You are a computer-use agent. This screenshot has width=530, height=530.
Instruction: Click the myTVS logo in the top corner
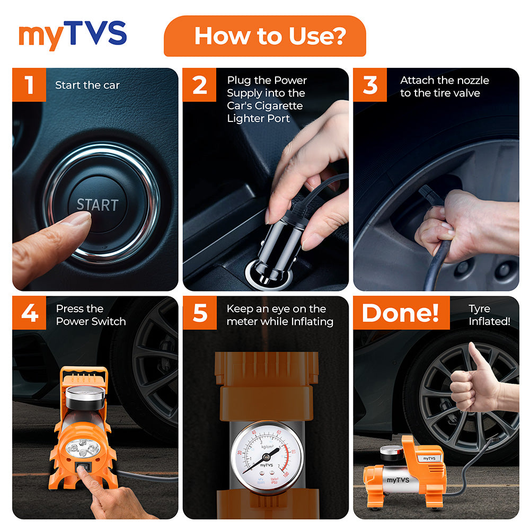point(73,36)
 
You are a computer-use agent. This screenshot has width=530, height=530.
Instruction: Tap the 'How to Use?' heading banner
point(264,36)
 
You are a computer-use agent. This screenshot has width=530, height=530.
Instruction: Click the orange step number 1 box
point(29,85)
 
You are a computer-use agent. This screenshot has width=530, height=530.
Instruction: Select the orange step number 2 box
point(200,85)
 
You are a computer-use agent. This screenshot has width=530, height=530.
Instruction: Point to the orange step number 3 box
point(370,85)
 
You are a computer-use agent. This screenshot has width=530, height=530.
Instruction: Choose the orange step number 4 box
point(29,313)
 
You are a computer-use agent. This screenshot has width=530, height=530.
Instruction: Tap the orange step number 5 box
point(200,313)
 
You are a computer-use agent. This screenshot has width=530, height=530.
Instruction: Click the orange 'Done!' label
point(401,313)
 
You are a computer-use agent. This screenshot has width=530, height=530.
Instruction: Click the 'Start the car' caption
point(87,85)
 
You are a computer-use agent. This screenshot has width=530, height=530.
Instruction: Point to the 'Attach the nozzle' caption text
point(444,87)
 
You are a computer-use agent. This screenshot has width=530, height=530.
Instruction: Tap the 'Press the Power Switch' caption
point(91,315)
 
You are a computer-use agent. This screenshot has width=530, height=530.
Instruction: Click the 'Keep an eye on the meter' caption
point(280,315)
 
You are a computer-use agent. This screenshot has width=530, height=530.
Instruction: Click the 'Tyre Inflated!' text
point(489,315)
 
